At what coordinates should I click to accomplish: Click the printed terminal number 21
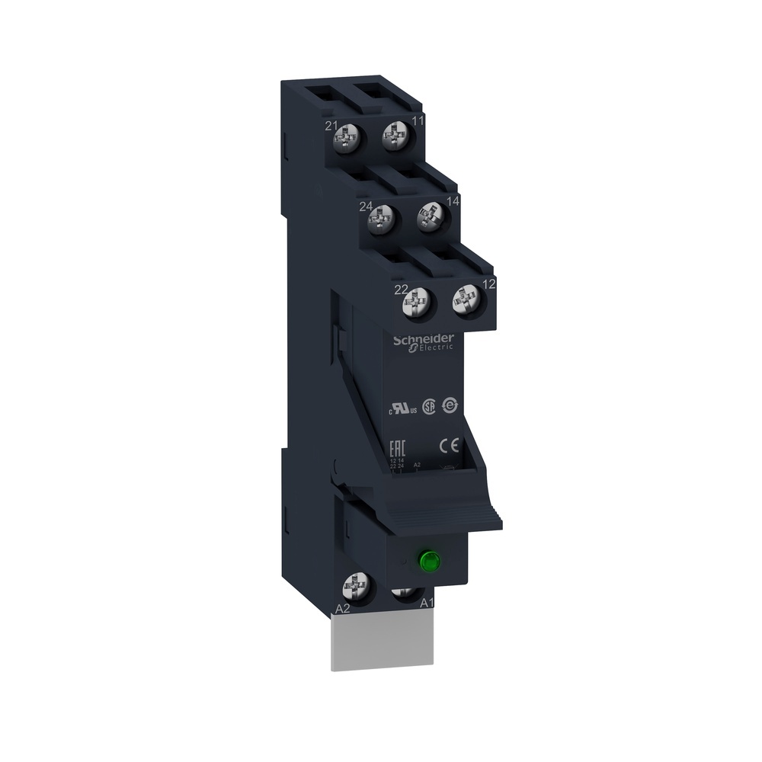(x=331, y=126)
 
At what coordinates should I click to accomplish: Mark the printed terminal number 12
(x=490, y=284)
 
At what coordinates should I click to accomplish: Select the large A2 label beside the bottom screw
(x=343, y=609)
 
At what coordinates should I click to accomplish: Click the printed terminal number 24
(x=367, y=205)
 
